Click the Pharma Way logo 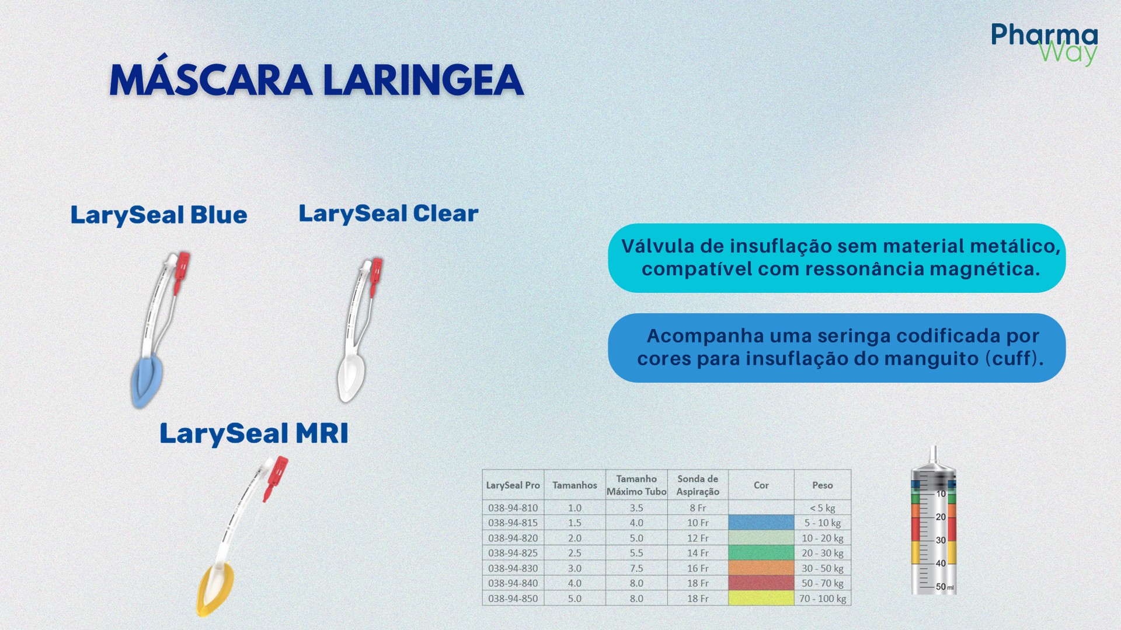coord(1044,44)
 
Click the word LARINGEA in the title coord(423,80)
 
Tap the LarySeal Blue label coord(159,215)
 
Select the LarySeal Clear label coord(388,213)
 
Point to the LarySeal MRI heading coord(254,433)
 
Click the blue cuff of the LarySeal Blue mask coord(145,382)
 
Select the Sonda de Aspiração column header coord(697,485)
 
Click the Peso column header coord(822,485)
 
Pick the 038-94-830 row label coord(513,568)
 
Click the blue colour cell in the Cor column coord(761,523)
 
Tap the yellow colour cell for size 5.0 coord(761,598)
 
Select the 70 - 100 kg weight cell coord(822,598)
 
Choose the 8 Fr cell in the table coord(697,508)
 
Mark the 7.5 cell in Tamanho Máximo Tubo coord(636,568)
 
